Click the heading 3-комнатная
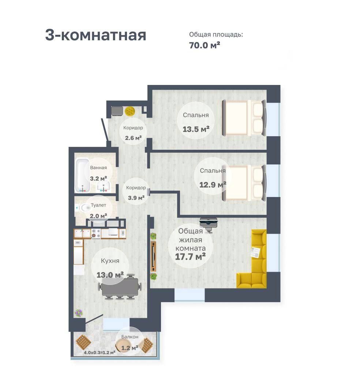95,35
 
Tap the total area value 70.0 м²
205,45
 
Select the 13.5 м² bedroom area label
196,129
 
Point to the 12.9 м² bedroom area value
213,185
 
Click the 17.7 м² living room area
190,257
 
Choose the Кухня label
110,261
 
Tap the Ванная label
98,167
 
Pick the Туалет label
98,205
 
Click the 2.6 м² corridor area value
133,138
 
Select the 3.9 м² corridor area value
136,198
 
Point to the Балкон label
130,337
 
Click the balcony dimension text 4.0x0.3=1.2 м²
99,352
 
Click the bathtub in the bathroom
82,175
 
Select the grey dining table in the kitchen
120,287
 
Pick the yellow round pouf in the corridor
130,111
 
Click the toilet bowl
85,208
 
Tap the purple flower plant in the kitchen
78,313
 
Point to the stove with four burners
96,234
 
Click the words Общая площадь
216,35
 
